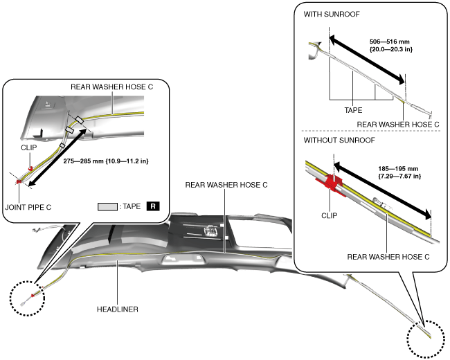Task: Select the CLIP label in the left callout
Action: tap(29, 147)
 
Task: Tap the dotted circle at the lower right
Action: tap(425, 337)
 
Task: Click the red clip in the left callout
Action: tap(31, 168)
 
